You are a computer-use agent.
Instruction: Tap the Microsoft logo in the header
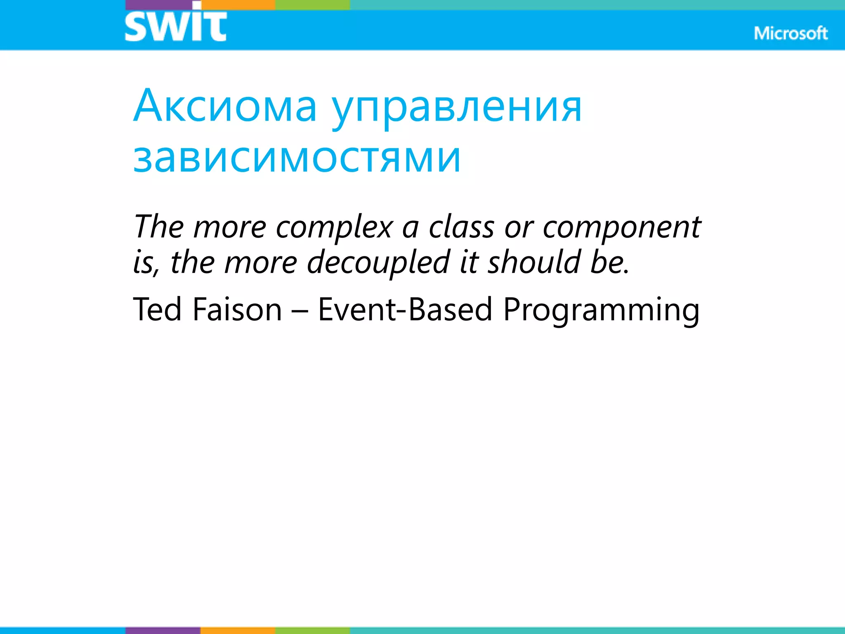(x=791, y=33)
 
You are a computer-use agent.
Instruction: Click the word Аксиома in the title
(x=225, y=106)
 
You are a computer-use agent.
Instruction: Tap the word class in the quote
(x=461, y=227)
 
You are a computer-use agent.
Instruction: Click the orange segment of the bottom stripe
(x=238, y=630)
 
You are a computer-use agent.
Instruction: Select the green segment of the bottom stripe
(x=312, y=630)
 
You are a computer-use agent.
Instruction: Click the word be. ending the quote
(x=609, y=262)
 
